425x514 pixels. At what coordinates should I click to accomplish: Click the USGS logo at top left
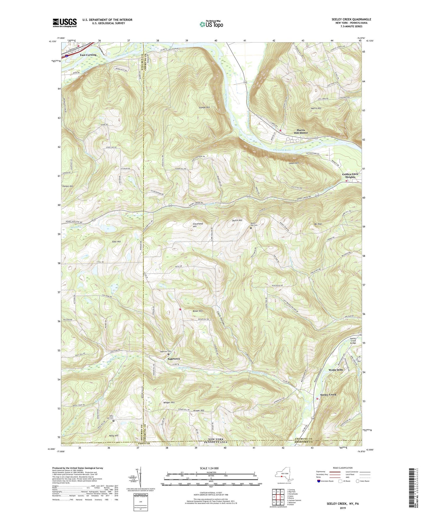coord(64,22)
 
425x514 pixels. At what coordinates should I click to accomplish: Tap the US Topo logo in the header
coord(211,24)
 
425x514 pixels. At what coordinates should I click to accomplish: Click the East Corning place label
coord(88,55)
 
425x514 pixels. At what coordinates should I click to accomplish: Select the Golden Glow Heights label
coord(350,175)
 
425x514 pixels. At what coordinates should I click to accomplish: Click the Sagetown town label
coord(174,359)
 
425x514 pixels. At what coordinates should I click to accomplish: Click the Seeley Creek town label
coord(328,394)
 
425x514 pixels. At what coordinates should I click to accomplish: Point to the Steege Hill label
coord(204,108)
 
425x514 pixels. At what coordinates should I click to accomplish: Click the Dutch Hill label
coord(237,220)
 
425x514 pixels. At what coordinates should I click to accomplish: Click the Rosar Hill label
coord(197,311)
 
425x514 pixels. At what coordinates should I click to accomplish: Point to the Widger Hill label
coord(169,402)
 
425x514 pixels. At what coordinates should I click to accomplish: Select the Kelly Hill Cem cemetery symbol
coord(114,421)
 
